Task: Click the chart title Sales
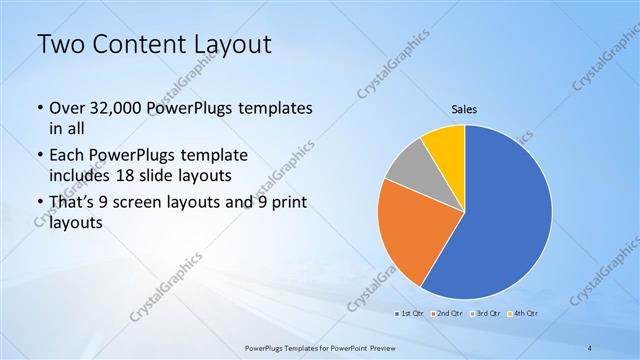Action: (x=465, y=108)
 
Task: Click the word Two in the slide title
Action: (x=63, y=45)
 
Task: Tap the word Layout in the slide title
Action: (x=228, y=45)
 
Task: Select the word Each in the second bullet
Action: (x=67, y=156)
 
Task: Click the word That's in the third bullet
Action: (x=73, y=203)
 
